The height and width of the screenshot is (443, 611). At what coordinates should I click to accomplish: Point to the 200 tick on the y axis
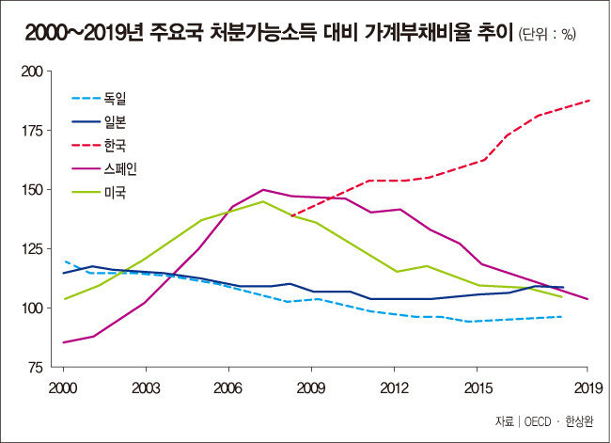tap(32, 71)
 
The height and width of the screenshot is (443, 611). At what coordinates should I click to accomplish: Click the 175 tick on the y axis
tap(32, 131)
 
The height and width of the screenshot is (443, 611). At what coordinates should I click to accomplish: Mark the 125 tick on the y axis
tap(32, 249)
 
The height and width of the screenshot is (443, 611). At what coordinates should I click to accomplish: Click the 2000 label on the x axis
tap(63, 387)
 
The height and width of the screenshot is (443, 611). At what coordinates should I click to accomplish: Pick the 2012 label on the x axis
tap(393, 387)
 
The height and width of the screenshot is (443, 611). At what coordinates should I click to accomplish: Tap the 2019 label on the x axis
tap(587, 387)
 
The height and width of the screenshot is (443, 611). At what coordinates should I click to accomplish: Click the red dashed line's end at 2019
tap(588, 100)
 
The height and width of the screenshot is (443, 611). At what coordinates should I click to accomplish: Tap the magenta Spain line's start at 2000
tap(63, 342)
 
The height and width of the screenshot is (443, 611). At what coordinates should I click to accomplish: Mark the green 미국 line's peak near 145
tap(264, 201)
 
